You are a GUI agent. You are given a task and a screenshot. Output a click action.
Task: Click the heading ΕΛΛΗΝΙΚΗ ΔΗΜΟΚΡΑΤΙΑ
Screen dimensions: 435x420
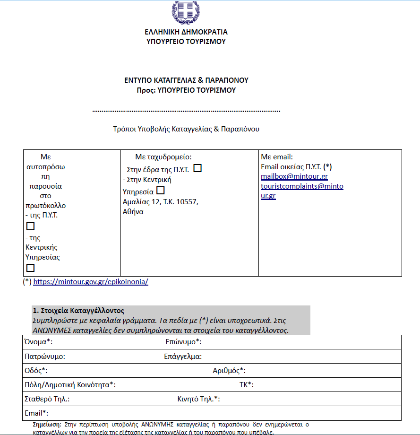point(186,32)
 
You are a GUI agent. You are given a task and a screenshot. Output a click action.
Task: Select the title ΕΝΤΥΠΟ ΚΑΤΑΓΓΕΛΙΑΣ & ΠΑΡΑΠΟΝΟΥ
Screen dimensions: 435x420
point(186,80)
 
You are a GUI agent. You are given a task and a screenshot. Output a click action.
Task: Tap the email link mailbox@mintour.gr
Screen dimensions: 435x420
point(294,176)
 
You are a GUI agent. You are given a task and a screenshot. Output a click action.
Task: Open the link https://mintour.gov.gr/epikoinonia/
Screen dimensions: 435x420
point(91,281)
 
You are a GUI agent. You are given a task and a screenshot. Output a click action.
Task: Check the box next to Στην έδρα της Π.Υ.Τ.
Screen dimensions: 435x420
point(197,168)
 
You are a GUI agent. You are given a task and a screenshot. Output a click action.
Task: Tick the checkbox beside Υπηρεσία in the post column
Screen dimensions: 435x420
point(161,191)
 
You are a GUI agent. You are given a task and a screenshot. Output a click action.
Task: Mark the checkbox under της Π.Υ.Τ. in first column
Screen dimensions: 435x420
point(31,226)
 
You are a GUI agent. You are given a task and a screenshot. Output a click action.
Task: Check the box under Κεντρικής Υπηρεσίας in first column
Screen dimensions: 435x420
point(31,268)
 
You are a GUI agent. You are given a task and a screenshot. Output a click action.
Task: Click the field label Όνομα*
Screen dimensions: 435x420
point(38,342)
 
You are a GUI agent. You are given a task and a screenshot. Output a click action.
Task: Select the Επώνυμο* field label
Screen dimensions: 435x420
point(183,342)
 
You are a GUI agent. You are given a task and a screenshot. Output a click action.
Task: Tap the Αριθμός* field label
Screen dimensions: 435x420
point(229,371)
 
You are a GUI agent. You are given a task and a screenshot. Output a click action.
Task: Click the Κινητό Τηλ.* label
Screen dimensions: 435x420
point(198,399)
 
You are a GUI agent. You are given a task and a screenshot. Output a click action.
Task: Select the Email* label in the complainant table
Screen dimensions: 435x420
point(36,413)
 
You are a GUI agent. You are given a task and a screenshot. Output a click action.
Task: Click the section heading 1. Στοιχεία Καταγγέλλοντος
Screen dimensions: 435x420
point(78,311)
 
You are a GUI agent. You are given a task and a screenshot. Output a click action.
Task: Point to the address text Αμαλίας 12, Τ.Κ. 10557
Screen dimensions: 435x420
point(160,202)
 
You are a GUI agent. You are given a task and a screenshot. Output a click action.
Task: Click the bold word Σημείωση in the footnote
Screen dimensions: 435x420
point(50,425)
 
